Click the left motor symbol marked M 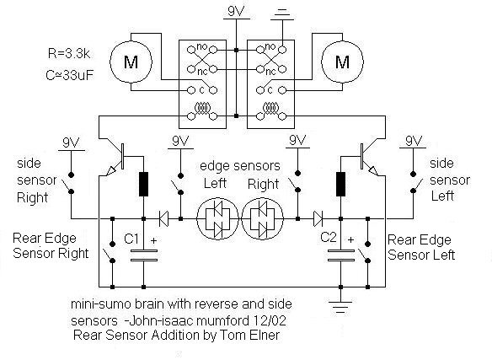pos(131,62)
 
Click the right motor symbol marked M pos(343,62)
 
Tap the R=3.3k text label pos(69,54)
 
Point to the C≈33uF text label pos(70,75)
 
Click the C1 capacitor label pos(131,239)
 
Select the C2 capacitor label pos(329,237)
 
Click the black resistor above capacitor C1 pos(143,184)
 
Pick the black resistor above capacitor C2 pos(340,184)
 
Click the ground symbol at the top pos(282,15)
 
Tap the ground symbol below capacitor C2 pos(340,307)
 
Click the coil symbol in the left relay pos(202,109)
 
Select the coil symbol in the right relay pos(270,109)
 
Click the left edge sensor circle pos(217,218)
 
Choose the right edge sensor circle pos(262,218)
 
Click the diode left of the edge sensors pos(163,218)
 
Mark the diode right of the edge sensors pos(318,218)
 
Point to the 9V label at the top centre pos(236,12)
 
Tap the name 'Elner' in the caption pos(265,335)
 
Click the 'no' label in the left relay pos(201,46)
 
